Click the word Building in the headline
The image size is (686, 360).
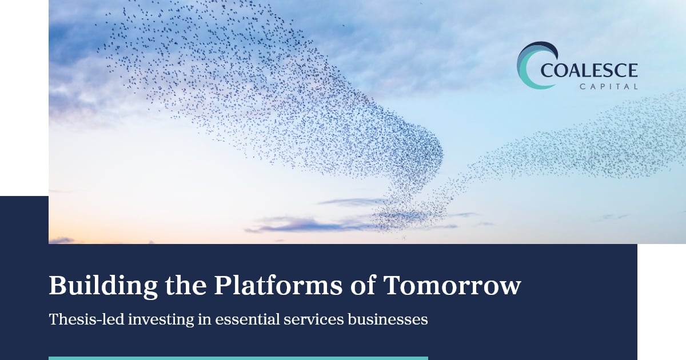click(x=103, y=286)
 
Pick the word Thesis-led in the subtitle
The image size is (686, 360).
click(x=87, y=319)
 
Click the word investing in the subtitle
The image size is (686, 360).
click(x=161, y=320)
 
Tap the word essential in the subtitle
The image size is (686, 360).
click(x=248, y=319)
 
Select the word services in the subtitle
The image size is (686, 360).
click(x=314, y=319)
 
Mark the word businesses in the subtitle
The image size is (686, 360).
click(x=388, y=319)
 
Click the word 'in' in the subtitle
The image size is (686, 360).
click(x=205, y=319)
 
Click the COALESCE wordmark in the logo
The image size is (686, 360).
click(x=589, y=70)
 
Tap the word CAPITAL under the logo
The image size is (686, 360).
click(x=609, y=87)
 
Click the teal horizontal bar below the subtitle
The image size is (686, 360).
click(x=238, y=358)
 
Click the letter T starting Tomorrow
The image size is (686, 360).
click(x=393, y=285)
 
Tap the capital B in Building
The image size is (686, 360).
click(x=59, y=285)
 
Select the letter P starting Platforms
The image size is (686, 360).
click(x=223, y=285)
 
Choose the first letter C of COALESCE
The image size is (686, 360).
click(x=547, y=70)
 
